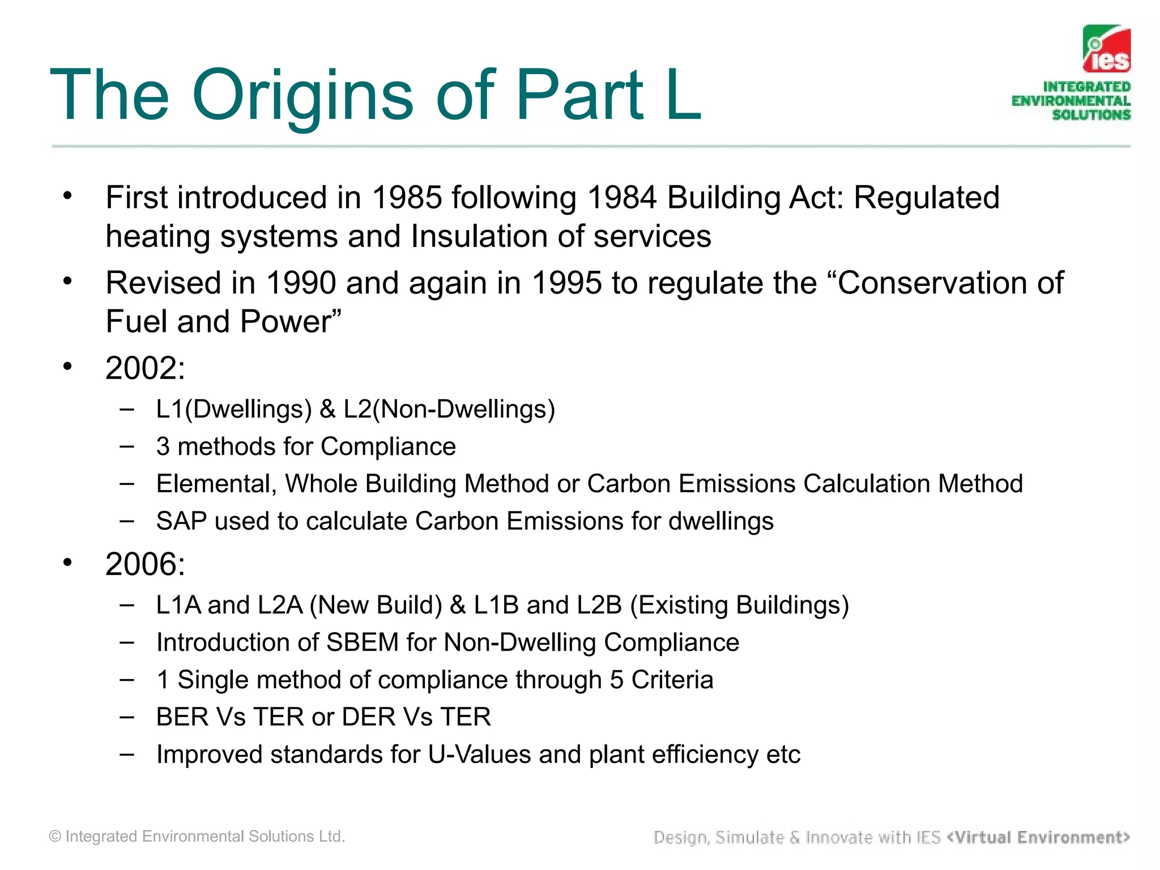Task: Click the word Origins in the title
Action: point(303,96)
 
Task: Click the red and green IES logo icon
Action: point(1106,49)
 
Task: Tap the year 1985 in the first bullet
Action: point(406,198)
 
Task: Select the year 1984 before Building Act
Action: point(622,198)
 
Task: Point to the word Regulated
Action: point(926,198)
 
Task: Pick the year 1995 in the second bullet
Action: point(566,283)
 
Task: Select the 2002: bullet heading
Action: point(145,368)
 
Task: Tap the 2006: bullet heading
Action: point(145,564)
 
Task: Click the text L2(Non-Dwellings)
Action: point(449,409)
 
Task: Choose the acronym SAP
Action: point(181,521)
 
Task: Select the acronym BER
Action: point(182,717)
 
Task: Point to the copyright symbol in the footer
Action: point(55,837)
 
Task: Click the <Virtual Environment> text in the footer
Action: point(1038,837)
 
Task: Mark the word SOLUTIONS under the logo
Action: point(1091,115)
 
